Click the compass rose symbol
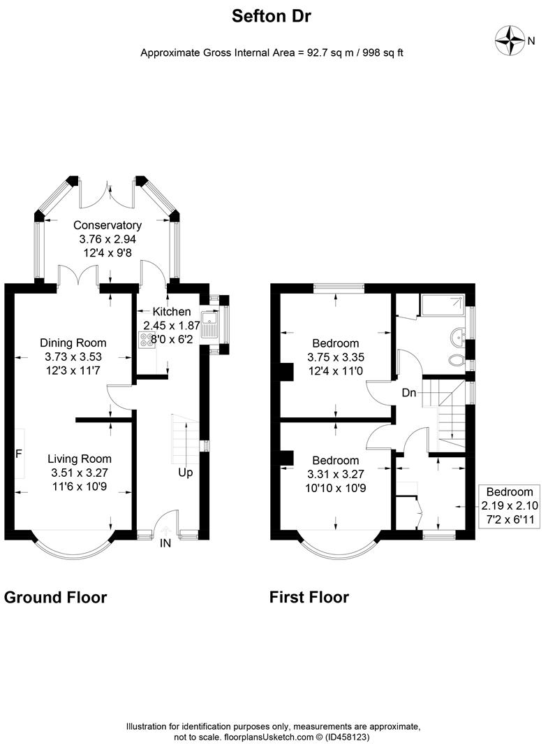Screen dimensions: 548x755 [510, 41]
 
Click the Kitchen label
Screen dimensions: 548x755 [172, 311]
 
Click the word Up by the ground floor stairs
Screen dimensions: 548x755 [185, 473]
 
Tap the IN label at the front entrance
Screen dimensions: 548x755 [165, 542]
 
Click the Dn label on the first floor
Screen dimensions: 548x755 [409, 393]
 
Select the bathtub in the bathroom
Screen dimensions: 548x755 [443, 305]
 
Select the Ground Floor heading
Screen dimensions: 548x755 [56, 598]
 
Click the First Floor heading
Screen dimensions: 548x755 [309, 598]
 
